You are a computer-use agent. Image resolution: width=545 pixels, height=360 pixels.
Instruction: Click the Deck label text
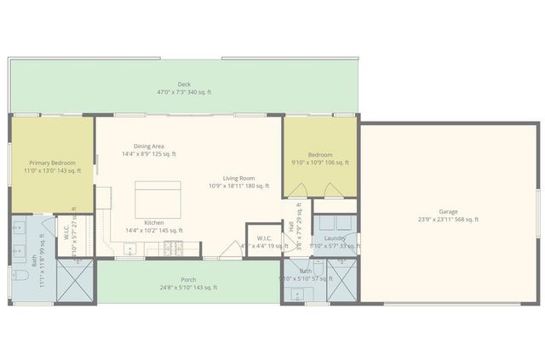click(x=184, y=84)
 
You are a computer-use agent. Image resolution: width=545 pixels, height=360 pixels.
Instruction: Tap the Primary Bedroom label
click(x=52, y=163)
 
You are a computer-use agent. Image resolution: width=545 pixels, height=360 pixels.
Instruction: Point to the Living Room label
click(x=238, y=178)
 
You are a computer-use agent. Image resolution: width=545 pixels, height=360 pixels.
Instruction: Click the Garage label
click(x=448, y=211)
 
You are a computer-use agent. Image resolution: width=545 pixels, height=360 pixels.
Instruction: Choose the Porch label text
click(x=188, y=280)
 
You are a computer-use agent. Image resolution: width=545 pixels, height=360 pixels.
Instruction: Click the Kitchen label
click(x=153, y=223)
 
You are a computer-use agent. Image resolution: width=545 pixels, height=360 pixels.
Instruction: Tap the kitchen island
click(x=158, y=199)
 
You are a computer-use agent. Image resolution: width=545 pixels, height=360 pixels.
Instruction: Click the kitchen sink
click(x=129, y=249)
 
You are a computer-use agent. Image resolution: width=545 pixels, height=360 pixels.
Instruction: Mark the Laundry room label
click(x=335, y=238)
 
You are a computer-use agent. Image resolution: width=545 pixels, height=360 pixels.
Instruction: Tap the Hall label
click(x=291, y=226)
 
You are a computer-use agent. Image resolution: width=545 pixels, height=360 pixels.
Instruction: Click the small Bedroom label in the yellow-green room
click(x=319, y=155)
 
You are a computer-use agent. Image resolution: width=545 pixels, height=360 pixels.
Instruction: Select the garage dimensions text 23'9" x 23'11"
click(x=448, y=219)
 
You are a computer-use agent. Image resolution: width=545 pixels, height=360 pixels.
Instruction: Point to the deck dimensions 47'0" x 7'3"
click(x=184, y=92)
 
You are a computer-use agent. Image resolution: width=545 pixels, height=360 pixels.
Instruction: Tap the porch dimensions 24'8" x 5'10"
click(x=188, y=288)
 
